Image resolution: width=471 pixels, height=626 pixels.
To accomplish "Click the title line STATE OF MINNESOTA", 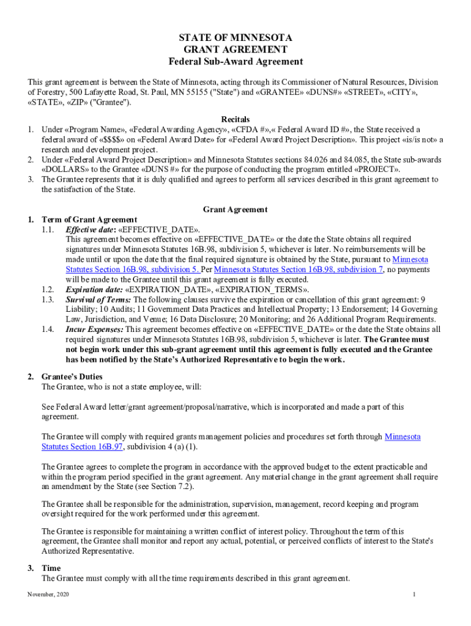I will [236, 38].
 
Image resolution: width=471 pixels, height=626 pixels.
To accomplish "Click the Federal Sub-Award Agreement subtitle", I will [236, 62].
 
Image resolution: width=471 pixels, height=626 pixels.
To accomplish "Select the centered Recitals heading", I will [236, 119].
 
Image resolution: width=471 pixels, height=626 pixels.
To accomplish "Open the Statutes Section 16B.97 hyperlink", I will [83, 447].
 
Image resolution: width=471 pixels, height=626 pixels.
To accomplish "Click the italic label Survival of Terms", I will [98, 300].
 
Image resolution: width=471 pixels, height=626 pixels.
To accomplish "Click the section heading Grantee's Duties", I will [72, 377].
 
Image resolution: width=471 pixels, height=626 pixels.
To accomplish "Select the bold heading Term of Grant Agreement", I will [89, 219].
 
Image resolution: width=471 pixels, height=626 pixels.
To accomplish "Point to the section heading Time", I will [51, 568].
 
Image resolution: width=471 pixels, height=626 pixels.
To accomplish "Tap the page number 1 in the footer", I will [414, 595].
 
